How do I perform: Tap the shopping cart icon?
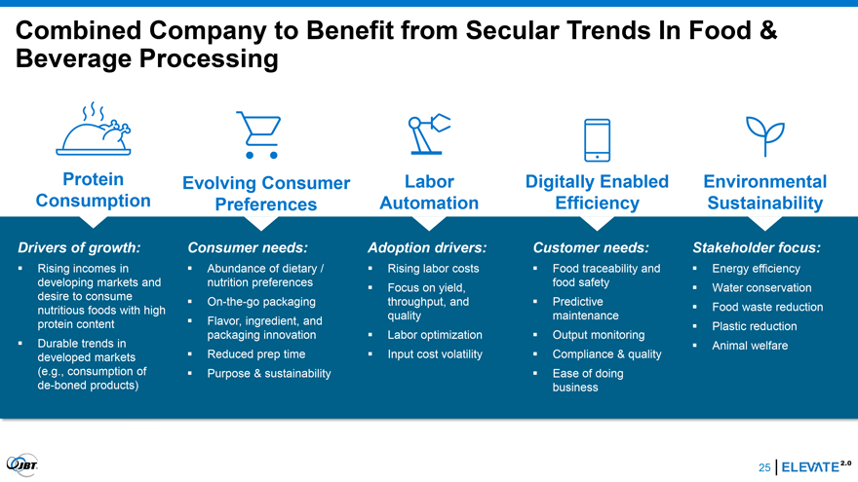point(258,135)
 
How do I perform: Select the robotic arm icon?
point(429,134)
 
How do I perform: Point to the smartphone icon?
point(597,140)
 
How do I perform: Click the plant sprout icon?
point(765,136)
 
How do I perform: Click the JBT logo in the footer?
point(21,465)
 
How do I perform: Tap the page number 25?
point(764,467)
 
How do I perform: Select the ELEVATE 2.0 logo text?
point(816,466)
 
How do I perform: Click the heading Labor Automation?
point(429,192)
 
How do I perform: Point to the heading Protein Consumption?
point(93,190)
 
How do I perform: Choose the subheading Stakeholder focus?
point(757,247)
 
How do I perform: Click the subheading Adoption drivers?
point(427,247)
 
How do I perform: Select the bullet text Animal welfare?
point(750,346)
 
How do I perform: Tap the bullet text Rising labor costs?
point(433,269)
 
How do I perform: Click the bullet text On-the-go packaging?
point(261,302)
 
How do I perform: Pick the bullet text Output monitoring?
point(598,335)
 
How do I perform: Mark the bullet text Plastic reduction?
point(754,326)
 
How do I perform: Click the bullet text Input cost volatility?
point(435,354)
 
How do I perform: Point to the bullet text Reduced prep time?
point(256,354)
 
